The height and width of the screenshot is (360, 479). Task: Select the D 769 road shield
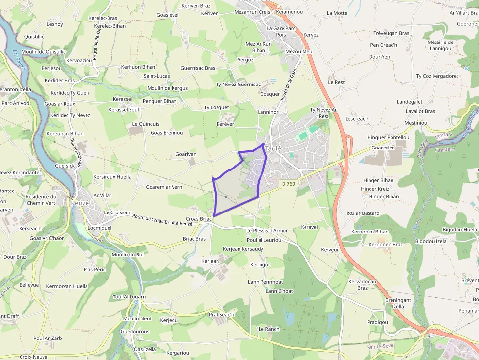[x=288, y=184]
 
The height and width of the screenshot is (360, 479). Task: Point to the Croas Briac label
[x=198, y=219]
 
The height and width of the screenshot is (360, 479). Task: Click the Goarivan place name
[x=186, y=154]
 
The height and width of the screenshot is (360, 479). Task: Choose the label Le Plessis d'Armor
[x=267, y=230]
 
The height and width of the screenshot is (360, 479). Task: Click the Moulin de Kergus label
[x=168, y=88]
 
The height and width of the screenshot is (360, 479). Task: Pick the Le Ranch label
[x=268, y=329]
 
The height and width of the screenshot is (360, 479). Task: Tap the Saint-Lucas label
[x=156, y=76]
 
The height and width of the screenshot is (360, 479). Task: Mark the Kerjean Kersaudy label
[x=243, y=249]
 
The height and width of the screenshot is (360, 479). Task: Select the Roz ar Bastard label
[x=363, y=213]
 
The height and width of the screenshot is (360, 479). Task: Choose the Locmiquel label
[x=100, y=227]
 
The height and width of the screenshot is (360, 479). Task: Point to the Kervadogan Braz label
[x=362, y=285]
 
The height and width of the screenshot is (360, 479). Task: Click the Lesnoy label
[x=55, y=24]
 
